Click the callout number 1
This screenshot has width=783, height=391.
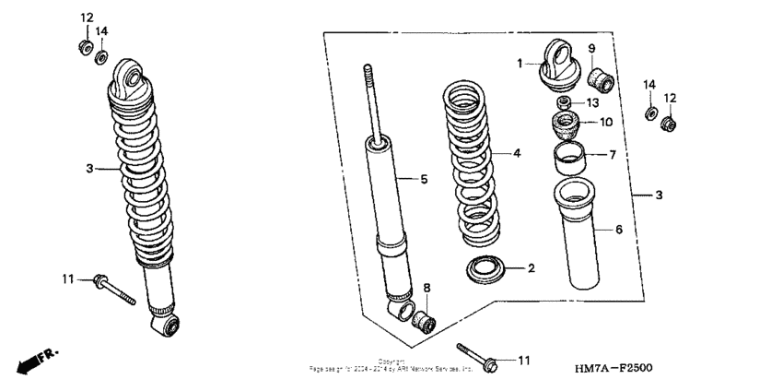[520, 64]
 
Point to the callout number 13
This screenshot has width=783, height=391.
[592, 101]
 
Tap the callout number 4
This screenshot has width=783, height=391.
[517, 153]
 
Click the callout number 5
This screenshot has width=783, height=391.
[424, 179]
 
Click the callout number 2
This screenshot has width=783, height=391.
[531, 269]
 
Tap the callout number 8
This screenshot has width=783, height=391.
[427, 289]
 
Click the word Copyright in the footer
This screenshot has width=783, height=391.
[391, 361]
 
